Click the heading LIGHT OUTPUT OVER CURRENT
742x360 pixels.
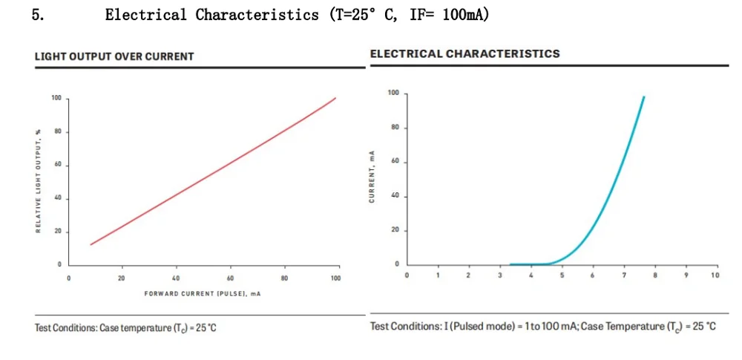pyautogui.click(x=114, y=56)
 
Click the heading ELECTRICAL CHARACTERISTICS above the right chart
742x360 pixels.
pyautogui.click(x=464, y=53)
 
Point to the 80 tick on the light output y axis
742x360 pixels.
pyautogui.click(x=56, y=132)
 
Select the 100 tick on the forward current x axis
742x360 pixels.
pyautogui.click(x=335, y=278)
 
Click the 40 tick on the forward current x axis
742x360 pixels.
pyautogui.click(x=176, y=278)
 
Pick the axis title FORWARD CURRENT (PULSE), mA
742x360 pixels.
pyautogui.click(x=202, y=294)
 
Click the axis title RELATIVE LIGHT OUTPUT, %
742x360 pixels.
pyautogui.click(x=38, y=181)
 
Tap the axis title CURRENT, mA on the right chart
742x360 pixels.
pyautogui.click(x=372, y=177)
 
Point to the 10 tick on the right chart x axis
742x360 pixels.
pyautogui.click(x=715, y=275)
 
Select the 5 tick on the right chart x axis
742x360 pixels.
pyautogui.click(x=562, y=275)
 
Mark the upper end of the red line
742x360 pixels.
pyautogui.click(x=335, y=98)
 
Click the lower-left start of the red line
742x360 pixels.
pyautogui.click(x=91, y=244)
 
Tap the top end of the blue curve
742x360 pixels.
pyautogui.click(x=643, y=96)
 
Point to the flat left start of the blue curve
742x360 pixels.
pyautogui.click(x=510, y=264)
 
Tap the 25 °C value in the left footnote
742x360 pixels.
pyautogui.click(x=204, y=328)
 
